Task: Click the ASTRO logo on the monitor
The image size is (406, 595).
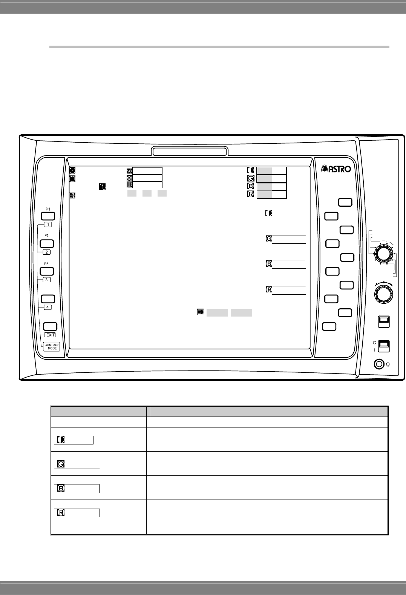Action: coord(336,169)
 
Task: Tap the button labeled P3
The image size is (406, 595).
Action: coord(47,271)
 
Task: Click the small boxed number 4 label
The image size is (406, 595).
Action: coord(47,307)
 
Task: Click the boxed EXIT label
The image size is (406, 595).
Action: coord(50,335)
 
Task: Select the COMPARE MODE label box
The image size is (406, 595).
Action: coord(52,346)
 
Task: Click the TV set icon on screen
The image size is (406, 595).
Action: coord(72,178)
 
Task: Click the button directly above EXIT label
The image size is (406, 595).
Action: coord(50,326)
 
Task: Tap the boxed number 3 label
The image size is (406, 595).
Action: coord(46,280)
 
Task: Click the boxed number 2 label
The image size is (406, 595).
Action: coord(46,252)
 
